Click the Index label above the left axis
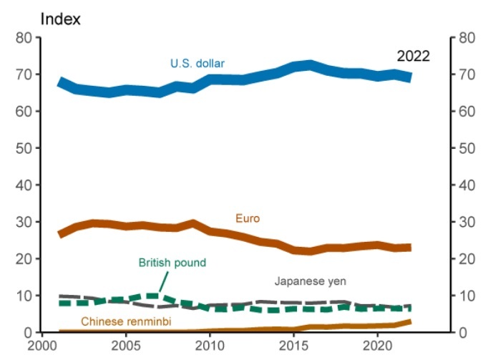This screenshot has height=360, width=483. tap(61, 19)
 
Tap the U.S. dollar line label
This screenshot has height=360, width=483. tap(197, 64)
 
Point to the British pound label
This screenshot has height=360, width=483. tap(172, 263)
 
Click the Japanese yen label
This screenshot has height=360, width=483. tap(310, 281)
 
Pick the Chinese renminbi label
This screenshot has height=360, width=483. tap(126, 321)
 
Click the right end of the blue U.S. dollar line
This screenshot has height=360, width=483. tap(410, 77)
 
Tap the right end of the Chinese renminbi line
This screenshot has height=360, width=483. tap(410, 322)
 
